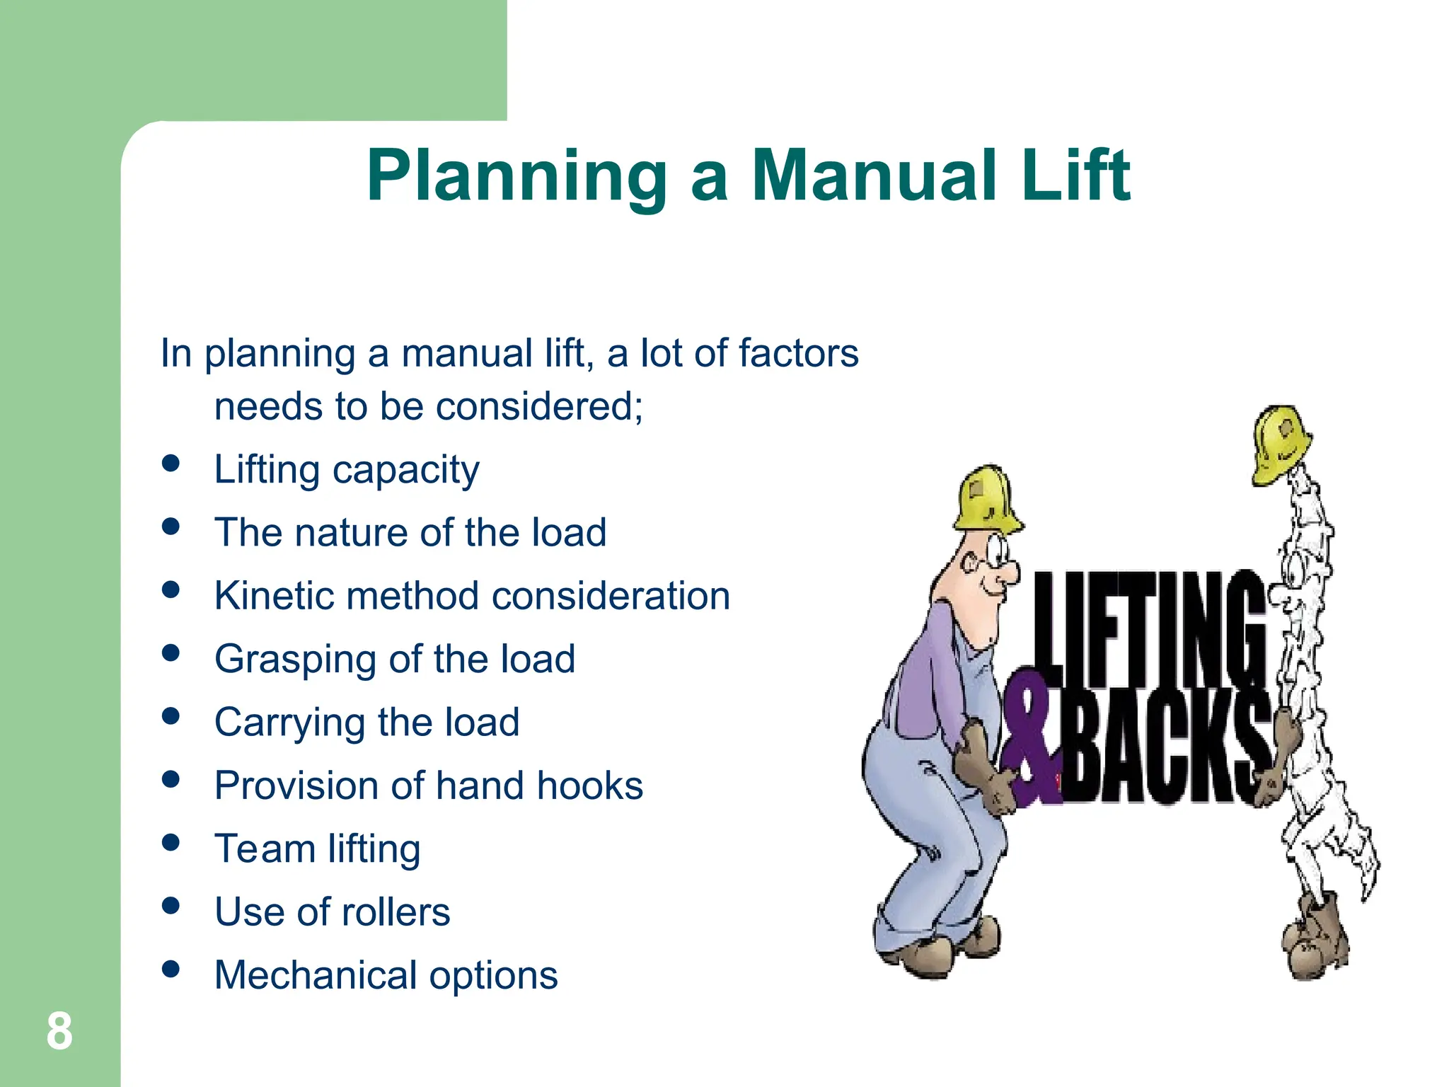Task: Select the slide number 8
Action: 59,1031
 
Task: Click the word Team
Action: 265,849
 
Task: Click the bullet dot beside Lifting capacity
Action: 171,463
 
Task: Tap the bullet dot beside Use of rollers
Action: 171,905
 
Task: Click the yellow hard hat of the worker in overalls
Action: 986,498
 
